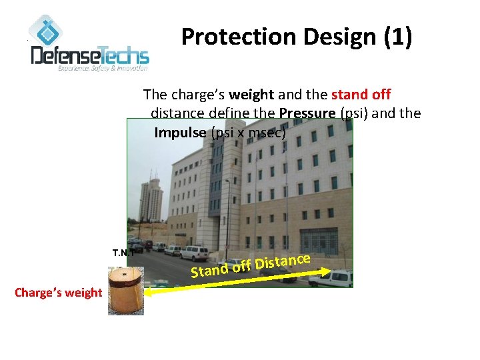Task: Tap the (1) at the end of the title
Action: click(398, 38)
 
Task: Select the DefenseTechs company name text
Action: click(90, 55)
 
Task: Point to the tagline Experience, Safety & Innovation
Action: click(103, 68)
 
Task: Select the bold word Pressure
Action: click(307, 113)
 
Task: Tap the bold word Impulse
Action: click(181, 132)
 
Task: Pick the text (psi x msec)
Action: click(248, 132)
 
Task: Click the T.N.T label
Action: click(124, 253)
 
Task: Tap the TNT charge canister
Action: click(125, 290)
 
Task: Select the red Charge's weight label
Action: click(59, 292)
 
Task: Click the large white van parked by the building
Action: click(194, 253)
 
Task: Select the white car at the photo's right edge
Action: click(338, 276)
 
